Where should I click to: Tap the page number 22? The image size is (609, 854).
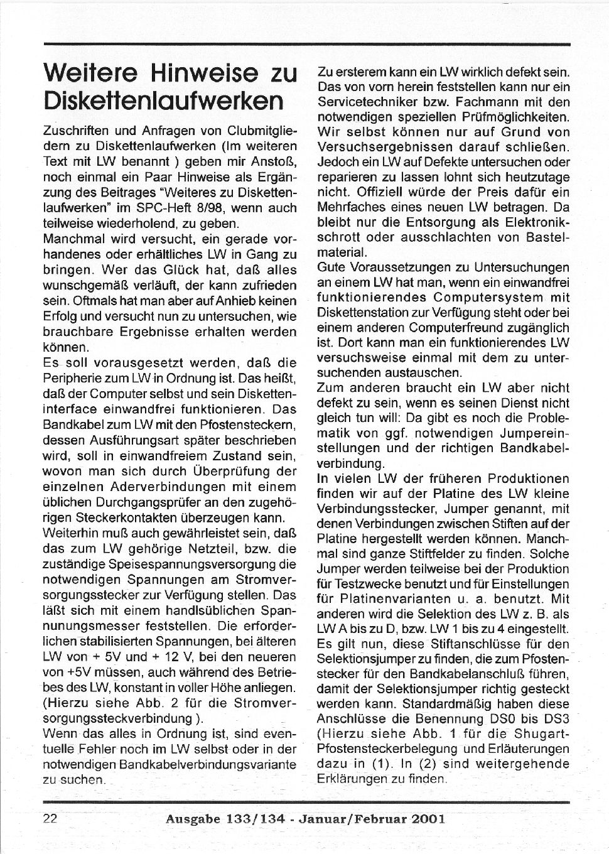tap(50, 818)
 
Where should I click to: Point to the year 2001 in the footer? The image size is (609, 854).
tap(429, 818)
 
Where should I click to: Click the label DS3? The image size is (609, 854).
tap(557, 718)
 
